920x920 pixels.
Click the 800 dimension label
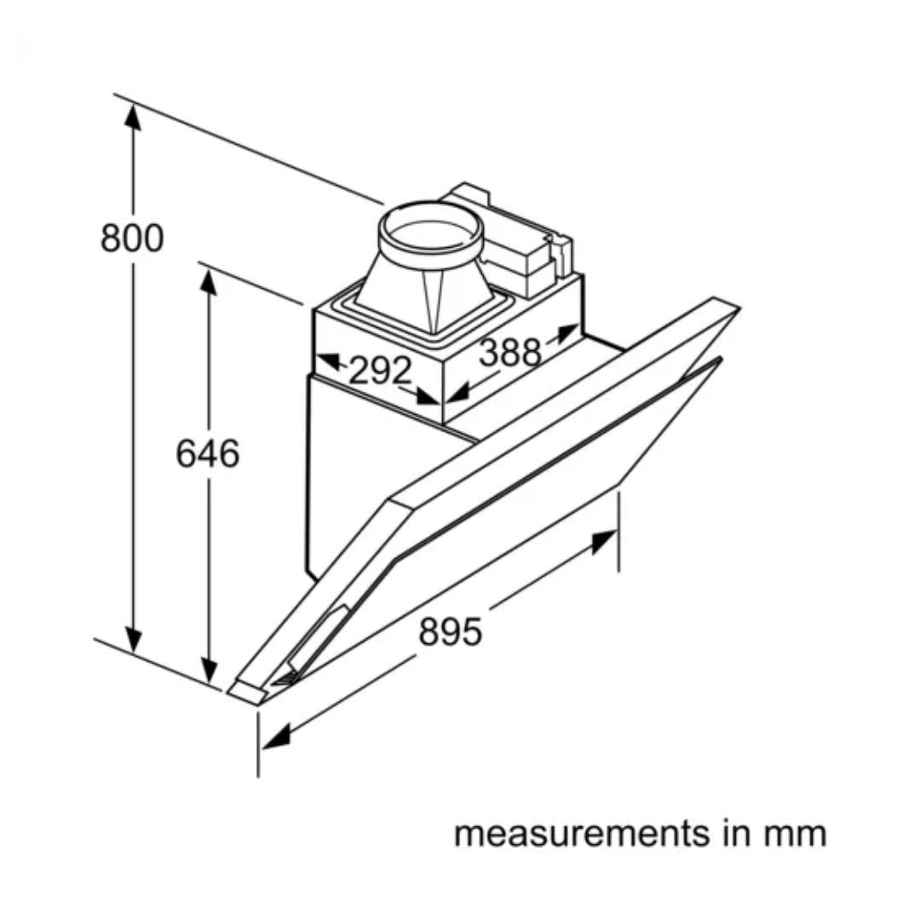point(131,238)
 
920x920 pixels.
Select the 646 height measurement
point(207,453)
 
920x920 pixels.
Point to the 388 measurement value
point(509,352)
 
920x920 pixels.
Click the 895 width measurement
point(451,632)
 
